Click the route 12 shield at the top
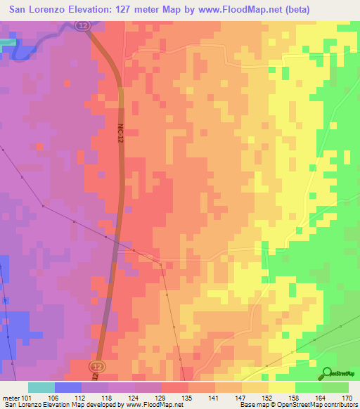click(x=84, y=26)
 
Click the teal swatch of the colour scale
click(x=41, y=387)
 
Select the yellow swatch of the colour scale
click(x=282, y=387)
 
